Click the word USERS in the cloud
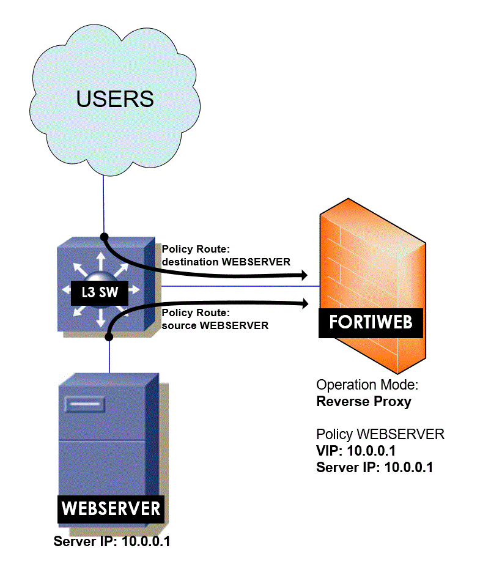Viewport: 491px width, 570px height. pyautogui.click(x=115, y=98)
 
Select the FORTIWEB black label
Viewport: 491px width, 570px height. pyautogui.click(x=371, y=322)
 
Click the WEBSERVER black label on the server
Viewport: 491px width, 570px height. pyautogui.click(x=111, y=508)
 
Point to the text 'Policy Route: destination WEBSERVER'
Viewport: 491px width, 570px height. pyautogui.click(x=226, y=256)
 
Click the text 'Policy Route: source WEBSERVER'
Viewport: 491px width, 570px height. pyautogui.click(x=215, y=319)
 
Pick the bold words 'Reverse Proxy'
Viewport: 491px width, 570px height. pyautogui.click(x=364, y=402)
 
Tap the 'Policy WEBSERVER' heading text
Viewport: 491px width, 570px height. pyautogui.click(x=380, y=435)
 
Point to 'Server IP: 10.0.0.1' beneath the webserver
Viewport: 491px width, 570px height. pyautogui.click(x=111, y=541)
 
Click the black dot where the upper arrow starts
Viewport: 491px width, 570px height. pyautogui.click(x=105, y=236)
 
